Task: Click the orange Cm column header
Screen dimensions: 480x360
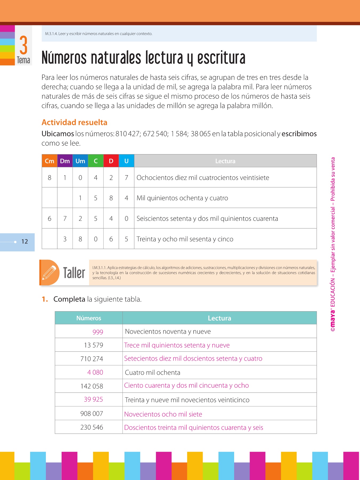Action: (x=50, y=161)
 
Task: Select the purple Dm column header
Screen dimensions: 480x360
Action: (x=65, y=161)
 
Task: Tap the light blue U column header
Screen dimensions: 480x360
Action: (x=126, y=161)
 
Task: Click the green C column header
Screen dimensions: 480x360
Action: (x=96, y=161)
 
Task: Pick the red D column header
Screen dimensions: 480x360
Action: (x=111, y=161)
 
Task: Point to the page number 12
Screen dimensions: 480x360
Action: (x=25, y=242)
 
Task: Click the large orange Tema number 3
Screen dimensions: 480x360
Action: (x=23, y=45)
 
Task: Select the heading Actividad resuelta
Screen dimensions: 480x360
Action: (x=74, y=122)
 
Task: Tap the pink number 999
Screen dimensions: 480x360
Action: (x=98, y=332)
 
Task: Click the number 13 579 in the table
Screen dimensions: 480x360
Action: (x=93, y=345)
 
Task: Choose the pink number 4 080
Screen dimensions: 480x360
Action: (x=95, y=373)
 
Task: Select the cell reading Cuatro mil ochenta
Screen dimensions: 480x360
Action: (x=153, y=373)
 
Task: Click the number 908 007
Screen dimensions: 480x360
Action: (x=91, y=414)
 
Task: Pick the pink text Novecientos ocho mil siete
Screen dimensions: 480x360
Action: (x=163, y=414)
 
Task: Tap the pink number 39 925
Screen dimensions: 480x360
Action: (x=93, y=399)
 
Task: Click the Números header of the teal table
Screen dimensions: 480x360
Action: (x=89, y=318)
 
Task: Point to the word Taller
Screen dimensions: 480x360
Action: (x=74, y=273)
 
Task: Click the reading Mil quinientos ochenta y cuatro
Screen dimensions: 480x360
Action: (x=182, y=198)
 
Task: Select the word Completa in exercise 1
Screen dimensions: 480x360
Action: (x=69, y=299)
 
